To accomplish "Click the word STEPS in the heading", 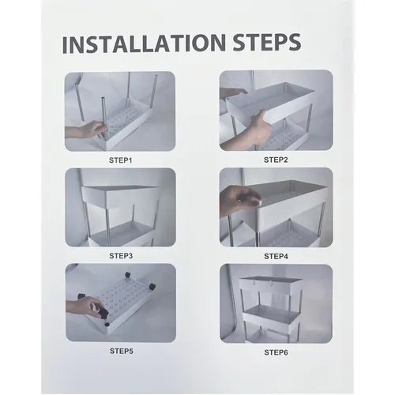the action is (x=267, y=42).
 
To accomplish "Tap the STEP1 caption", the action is (x=120, y=160).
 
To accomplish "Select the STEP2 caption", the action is (x=276, y=160).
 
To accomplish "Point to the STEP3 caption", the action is (x=121, y=256).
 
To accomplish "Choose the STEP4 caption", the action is (x=276, y=256).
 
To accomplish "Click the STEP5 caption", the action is (x=122, y=351).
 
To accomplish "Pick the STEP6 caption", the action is (x=276, y=352).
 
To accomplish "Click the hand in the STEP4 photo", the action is (x=239, y=199).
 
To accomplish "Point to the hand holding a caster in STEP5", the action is (x=85, y=308).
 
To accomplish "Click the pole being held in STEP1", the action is (x=103, y=118).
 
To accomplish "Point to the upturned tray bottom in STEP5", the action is (x=121, y=303).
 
